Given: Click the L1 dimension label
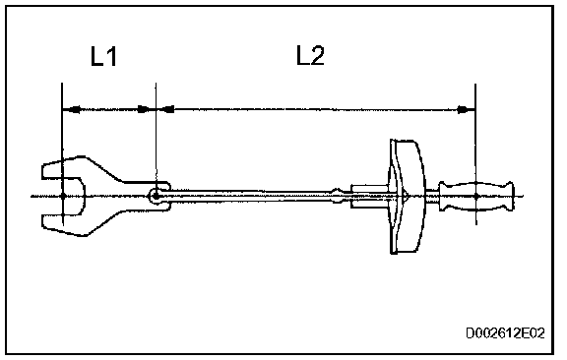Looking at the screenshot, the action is (103, 57).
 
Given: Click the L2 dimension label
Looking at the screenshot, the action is (310, 56).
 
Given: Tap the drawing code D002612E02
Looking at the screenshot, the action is (505, 332).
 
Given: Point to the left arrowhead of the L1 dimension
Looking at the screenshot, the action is (71, 109).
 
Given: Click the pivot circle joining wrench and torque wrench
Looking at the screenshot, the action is (156, 197).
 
